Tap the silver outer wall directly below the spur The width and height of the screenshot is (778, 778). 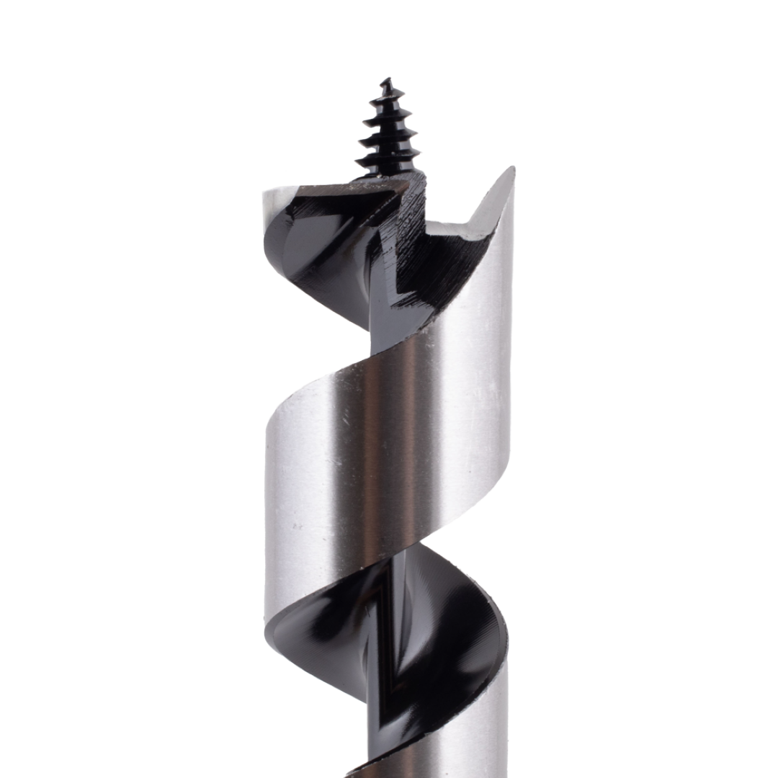[497, 288]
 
